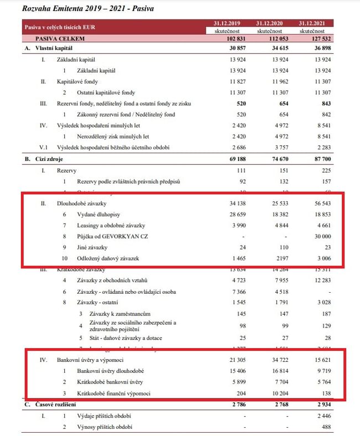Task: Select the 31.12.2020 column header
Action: point(270,23)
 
